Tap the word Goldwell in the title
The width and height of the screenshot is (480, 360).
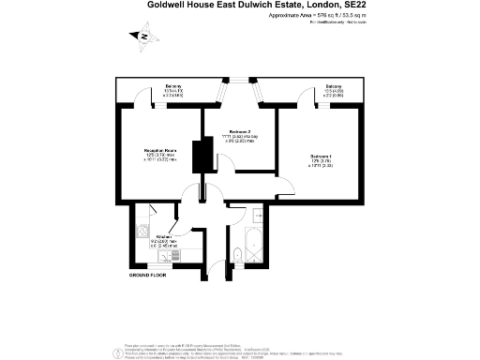tap(168, 5)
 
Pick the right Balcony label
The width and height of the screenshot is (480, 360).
tap(334, 86)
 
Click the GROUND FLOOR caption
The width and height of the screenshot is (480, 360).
tap(147, 277)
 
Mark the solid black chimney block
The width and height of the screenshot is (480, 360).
tap(198, 156)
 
